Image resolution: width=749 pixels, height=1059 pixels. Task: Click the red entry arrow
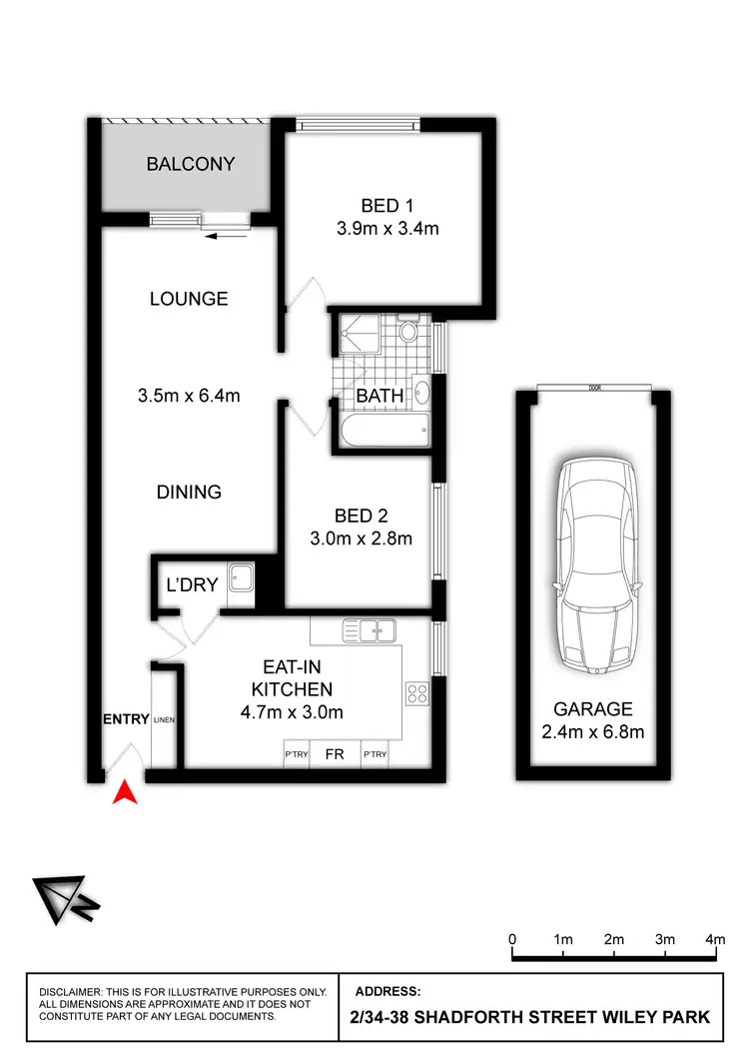pyautogui.click(x=124, y=792)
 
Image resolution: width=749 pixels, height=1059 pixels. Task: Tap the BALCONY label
pyautogui.click(x=191, y=164)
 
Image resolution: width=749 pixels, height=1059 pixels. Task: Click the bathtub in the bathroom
pyautogui.click(x=384, y=433)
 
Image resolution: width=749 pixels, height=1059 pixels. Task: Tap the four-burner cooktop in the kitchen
pyautogui.click(x=416, y=692)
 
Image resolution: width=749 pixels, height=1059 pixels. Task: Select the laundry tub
pyautogui.click(x=240, y=578)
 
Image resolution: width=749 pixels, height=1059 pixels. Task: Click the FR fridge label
pyautogui.click(x=335, y=755)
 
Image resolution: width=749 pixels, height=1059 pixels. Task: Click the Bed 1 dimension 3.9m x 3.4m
pyautogui.click(x=388, y=229)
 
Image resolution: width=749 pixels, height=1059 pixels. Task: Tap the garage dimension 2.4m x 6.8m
pyautogui.click(x=593, y=732)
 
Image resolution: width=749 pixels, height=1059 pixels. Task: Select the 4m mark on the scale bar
pyautogui.click(x=715, y=940)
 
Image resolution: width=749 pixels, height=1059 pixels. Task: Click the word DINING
pyautogui.click(x=189, y=492)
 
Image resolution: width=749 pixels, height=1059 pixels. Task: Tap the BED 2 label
pyautogui.click(x=361, y=517)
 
